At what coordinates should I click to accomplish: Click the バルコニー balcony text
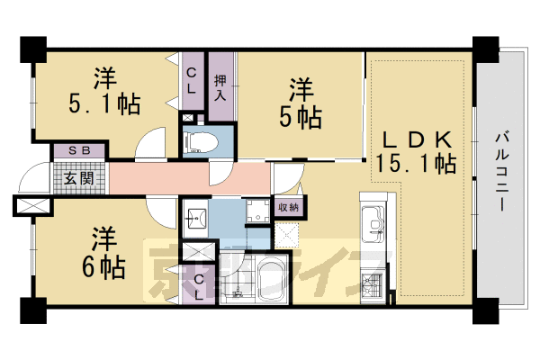click(x=500, y=171)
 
